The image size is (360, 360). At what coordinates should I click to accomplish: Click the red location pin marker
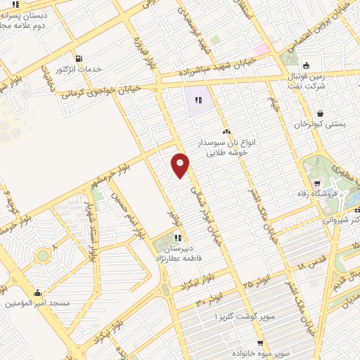tap(181, 165)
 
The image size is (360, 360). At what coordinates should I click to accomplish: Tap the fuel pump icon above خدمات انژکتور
tap(77, 58)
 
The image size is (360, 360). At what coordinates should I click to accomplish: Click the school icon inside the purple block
tap(198, 100)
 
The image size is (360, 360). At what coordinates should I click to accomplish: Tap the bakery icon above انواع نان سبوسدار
tap(226, 131)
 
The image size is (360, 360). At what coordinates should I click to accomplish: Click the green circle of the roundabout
tap(44, 256)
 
